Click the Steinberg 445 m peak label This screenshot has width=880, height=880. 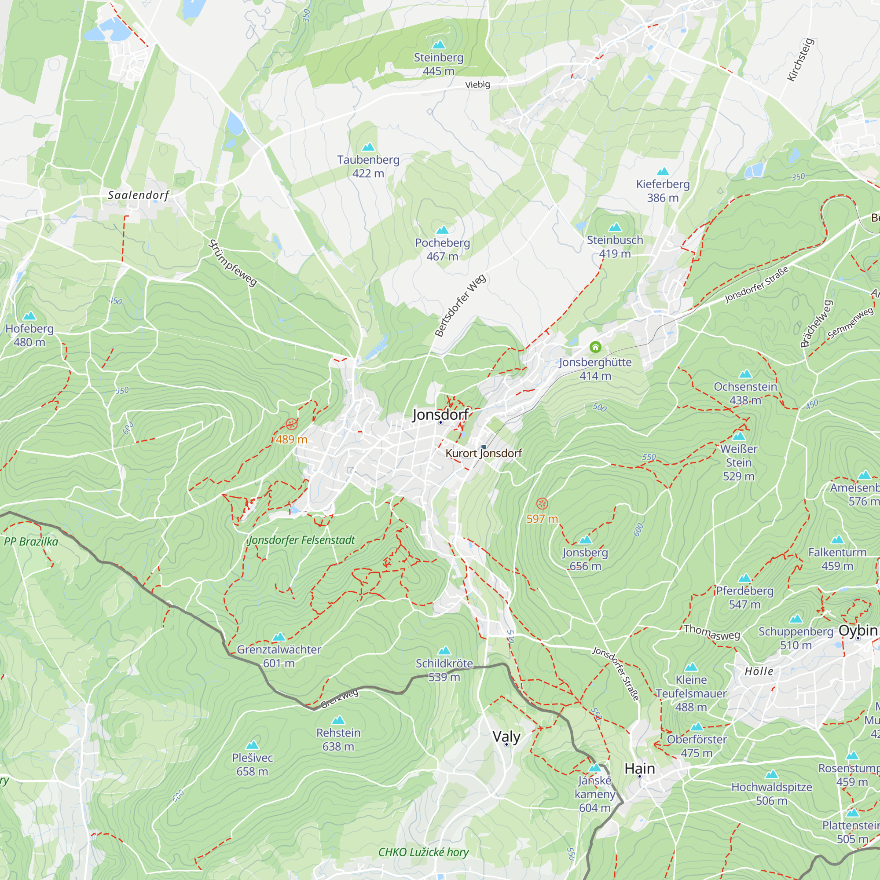[438, 64]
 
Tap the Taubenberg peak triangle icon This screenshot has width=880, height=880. [368, 147]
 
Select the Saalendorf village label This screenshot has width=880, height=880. [138, 195]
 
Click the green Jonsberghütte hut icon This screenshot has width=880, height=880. [595, 347]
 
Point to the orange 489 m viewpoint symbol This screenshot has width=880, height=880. [292, 425]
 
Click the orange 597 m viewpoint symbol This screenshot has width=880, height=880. [542, 503]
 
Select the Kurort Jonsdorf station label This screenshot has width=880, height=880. [483, 453]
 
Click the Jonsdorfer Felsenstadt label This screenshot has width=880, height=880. [301, 540]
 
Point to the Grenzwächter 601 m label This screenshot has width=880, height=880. [279, 656]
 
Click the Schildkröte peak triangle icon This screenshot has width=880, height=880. [444, 650]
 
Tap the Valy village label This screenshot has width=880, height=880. [506, 737]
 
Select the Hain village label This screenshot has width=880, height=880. [639, 768]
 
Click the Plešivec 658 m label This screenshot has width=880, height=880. [252, 764]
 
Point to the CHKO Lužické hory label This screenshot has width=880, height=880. [423, 852]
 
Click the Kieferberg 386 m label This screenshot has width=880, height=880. [662, 191]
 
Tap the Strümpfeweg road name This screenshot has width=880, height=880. [233, 263]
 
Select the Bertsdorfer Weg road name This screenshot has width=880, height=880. [460, 305]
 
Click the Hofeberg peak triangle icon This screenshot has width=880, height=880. [29, 315]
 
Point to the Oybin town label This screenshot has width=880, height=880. [858, 631]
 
